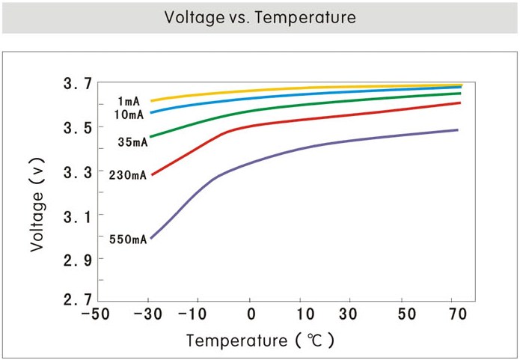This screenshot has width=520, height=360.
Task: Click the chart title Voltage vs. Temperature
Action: click(260, 17)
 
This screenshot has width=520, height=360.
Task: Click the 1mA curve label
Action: click(128, 101)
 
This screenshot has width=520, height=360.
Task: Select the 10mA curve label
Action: click(130, 115)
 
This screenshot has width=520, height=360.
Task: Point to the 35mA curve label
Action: click(132, 142)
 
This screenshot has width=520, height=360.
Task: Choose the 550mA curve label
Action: click(128, 240)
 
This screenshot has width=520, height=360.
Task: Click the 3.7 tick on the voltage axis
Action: click(77, 84)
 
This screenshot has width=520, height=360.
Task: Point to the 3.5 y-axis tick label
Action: click(77, 127)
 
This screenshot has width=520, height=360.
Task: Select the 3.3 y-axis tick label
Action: click(77, 171)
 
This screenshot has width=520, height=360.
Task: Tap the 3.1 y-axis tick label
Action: click(77, 216)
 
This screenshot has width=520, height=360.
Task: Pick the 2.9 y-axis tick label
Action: click(77, 260)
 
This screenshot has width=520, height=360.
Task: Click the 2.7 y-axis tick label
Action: click(77, 300)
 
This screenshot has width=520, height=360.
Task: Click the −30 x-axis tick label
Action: click(150, 314)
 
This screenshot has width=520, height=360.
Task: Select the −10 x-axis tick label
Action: click(200, 314)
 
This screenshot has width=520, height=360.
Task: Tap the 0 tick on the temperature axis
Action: click(251, 314)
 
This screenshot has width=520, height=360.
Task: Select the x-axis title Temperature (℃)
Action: click(260, 341)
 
